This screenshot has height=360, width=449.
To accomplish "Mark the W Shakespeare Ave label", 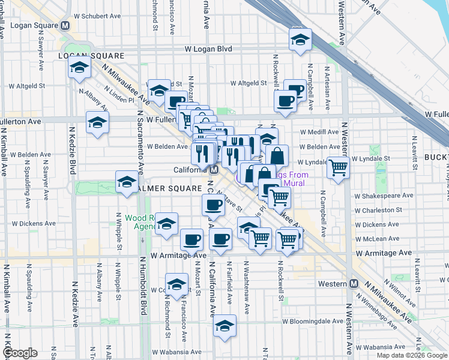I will (384, 196).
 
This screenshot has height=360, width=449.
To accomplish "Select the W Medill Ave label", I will (320, 131).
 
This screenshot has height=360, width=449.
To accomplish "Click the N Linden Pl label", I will (118, 95).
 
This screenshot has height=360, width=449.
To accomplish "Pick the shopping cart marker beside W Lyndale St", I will (338, 167).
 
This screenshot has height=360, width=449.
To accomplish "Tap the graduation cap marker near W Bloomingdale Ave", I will (224, 325).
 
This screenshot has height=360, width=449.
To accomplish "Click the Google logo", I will (20, 353).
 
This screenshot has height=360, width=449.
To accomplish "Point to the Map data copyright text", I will (411, 355).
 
